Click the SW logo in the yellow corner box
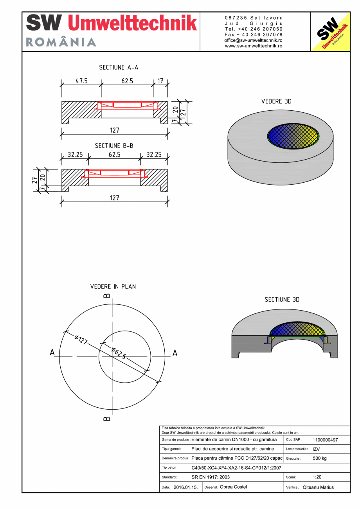[330, 32]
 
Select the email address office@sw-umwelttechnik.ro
[254, 40]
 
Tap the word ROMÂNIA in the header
[61, 42]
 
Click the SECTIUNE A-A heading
[119, 67]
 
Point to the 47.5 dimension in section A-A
[81, 81]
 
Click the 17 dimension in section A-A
[160, 81]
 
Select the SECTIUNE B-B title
[114, 146]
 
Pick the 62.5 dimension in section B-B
[114, 155]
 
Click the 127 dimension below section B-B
[114, 198]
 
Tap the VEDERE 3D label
[276, 101]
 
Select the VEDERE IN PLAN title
[113, 286]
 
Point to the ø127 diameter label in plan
[80, 339]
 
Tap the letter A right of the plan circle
[175, 353]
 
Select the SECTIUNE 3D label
[282, 300]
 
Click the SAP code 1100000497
[325, 440]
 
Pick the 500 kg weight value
[320, 458]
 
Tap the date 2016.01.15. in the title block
[185, 487]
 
